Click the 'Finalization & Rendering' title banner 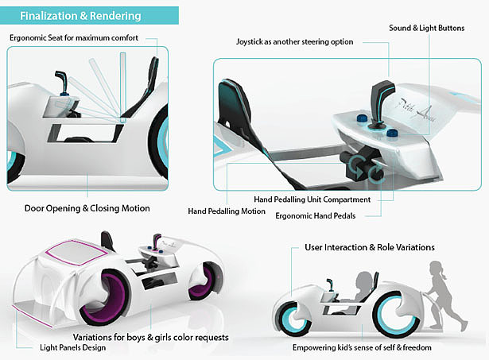click(x=89, y=16)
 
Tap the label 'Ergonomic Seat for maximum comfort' click(x=74, y=38)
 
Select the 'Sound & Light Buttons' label click(x=427, y=28)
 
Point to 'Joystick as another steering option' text click(x=295, y=42)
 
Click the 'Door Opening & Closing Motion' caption click(x=87, y=208)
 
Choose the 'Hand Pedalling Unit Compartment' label click(x=312, y=199)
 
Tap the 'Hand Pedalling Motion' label click(x=227, y=211)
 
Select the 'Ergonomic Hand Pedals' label click(x=316, y=215)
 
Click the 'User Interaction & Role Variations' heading click(x=370, y=247)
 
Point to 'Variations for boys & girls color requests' click(x=150, y=337)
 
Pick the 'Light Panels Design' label click(x=72, y=347)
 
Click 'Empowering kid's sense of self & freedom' click(x=362, y=347)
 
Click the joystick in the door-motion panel click(x=63, y=83)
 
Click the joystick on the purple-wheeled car click(x=157, y=242)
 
